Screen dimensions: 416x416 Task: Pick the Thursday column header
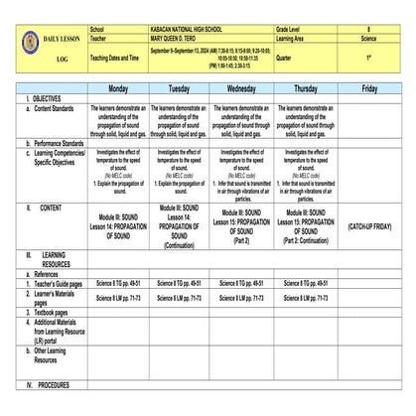pos(305,88)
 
